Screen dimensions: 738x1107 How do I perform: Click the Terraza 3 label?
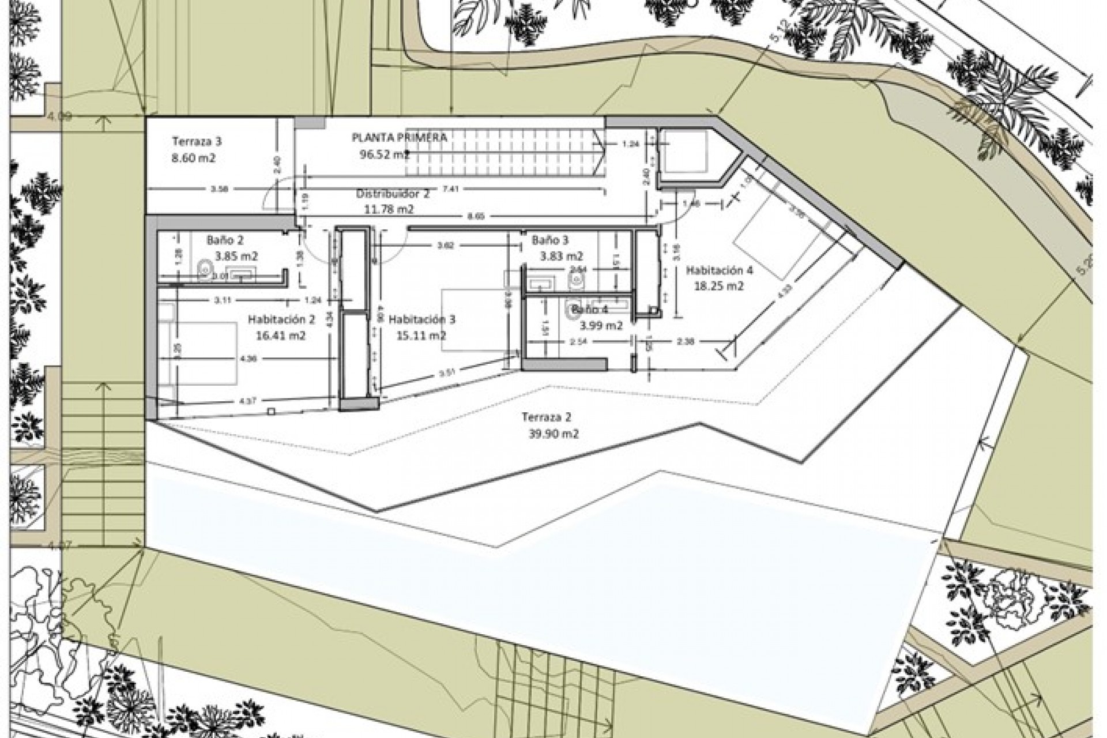pyautogui.click(x=197, y=141)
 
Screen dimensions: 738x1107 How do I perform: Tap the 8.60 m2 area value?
pyautogui.click(x=194, y=157)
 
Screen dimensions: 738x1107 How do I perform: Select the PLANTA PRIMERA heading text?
pyautogui.click(x=399, y=137)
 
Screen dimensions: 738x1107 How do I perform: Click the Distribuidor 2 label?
pyautogui.click(x=392, y=194)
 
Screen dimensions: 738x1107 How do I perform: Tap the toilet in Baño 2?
pyautogui.click(x=204, y=268)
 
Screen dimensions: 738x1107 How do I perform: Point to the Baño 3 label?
pyautogui.click(x=550, y=239)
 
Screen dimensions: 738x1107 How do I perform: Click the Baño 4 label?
pyautogui.click(x=589, y=310)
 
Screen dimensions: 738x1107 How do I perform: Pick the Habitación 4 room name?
pyautogui.click(x=719, y=270)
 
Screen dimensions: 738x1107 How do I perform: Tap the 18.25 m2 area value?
pyautogui.click(x=718, y=286)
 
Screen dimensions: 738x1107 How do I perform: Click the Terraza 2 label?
pyautogui.click(x=547, y=417)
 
